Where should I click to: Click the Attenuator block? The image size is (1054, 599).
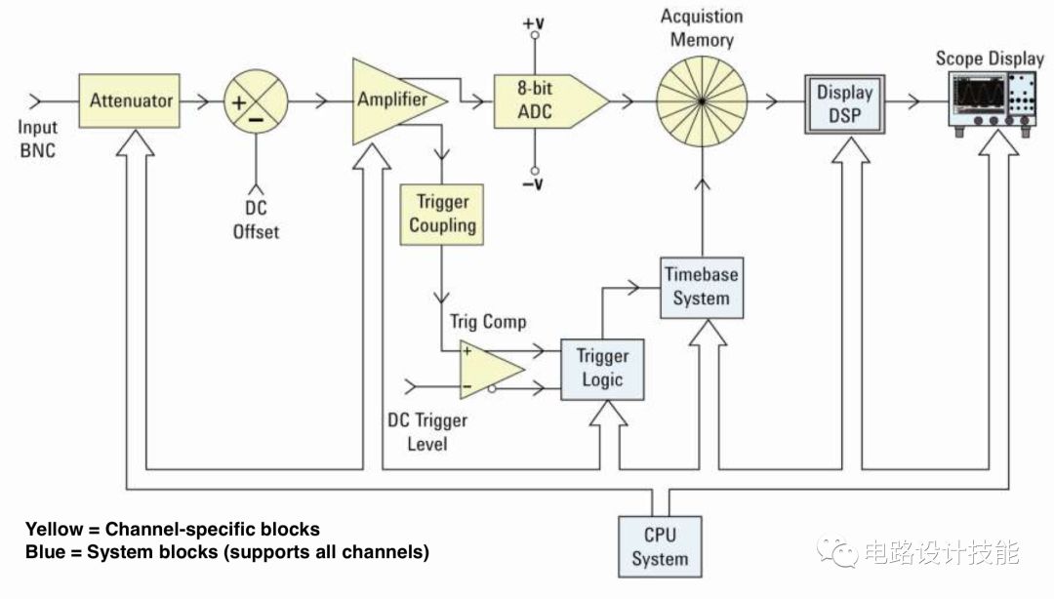coord(131,100)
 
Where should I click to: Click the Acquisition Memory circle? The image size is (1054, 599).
coord(701,100)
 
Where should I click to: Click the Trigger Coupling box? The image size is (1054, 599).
coord(442,214)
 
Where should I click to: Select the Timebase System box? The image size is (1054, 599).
coord(701,286)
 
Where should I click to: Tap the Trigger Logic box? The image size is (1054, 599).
coord(602,368)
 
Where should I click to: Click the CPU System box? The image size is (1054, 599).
coord(660,546)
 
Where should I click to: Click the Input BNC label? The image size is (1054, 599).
coord(38,139)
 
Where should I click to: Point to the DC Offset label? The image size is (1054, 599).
coord(256,220)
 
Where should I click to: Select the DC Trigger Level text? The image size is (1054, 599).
coord(427,432)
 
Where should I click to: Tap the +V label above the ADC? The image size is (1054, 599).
coord(534,21)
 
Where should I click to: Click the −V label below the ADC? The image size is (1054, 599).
coord(534,182)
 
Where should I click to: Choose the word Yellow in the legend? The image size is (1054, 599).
coord(54,530)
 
